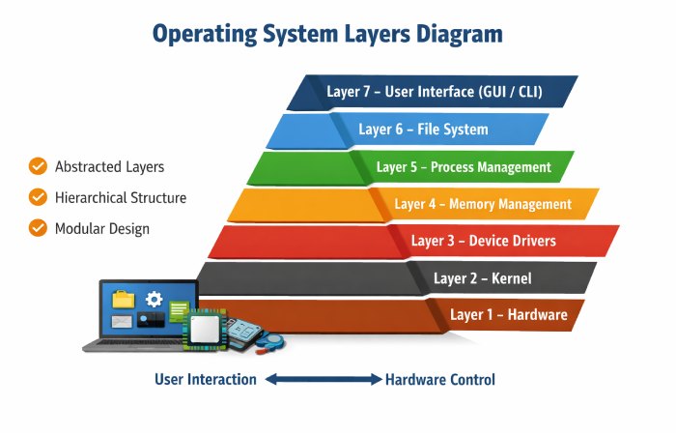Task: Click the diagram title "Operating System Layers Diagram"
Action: point(327,34)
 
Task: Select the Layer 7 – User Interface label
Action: point(434,92)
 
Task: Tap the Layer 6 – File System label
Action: point(423,129)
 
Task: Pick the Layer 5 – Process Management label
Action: point(464,166)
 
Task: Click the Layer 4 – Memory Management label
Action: point(483,204)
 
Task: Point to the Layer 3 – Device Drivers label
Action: point(483,240)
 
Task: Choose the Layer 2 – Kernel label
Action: point(482,277)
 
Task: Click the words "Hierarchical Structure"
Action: point(121,197)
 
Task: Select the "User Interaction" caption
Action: point(206,379)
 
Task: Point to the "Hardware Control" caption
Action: point(440,379)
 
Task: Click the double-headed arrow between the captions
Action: point(324,380)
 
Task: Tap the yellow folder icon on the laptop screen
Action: point(124,299)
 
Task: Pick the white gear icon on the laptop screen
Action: point(154,299)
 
